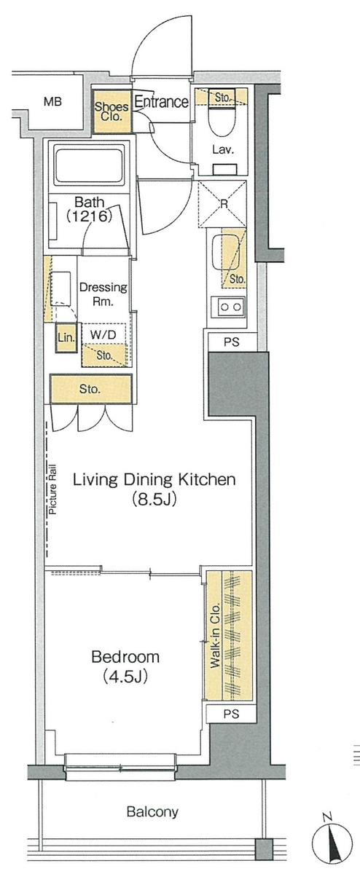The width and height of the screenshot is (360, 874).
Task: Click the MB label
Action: [52, 102]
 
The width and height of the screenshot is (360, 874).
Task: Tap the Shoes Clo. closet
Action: [111, 111]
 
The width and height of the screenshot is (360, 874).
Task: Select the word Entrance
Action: [161, 102]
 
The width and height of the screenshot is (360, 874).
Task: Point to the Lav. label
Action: [223, 149]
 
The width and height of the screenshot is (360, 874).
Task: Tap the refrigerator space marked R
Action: [223, 204]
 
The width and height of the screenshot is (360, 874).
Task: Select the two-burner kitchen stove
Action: [228, 307]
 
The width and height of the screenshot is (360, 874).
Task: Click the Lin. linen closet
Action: [66, 338]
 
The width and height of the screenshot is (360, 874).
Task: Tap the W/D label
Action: [103, 334]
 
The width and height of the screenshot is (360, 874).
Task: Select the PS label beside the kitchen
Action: [231, 342]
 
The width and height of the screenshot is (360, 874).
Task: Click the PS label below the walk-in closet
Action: [231, 714]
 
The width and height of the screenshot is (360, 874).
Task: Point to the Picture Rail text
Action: [52, 489]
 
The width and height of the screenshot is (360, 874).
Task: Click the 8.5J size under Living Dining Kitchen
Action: [154, 499]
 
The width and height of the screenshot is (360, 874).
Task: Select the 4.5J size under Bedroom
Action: [125, 676]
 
